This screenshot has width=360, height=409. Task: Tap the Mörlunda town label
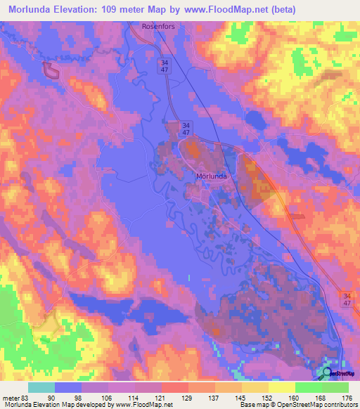click(x=210, y=176)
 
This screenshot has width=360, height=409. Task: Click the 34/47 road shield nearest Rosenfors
click(x=162, y=67)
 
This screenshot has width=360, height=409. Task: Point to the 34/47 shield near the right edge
click(x=347, y=298)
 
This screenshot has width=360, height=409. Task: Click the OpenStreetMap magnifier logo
click(x=328, y=373)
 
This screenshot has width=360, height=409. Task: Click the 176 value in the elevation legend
click(x=345, y=397)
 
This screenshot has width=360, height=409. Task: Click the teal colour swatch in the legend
click(x=41, y=387)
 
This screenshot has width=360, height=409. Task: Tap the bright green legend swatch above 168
click(x=309, y=387)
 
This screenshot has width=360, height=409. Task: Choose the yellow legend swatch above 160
click(x=282, y=387)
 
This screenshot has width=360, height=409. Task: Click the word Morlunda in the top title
click(x=34, y=9)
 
